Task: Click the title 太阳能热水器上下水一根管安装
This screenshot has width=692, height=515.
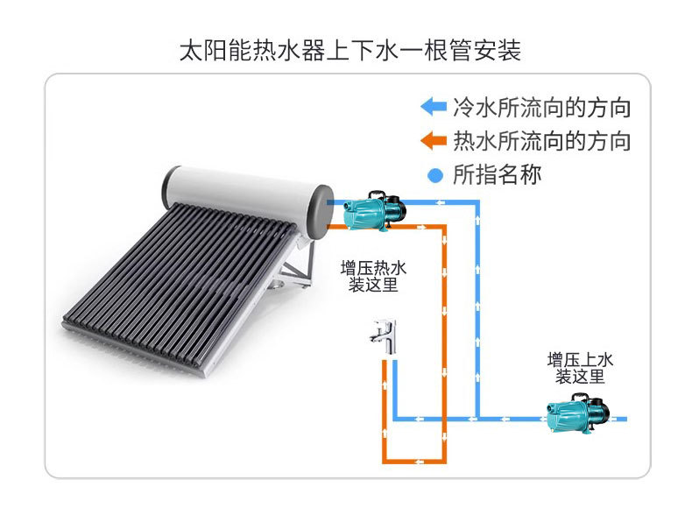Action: click(x=350, y=49)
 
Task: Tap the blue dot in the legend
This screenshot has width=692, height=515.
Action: click(x=434, y=175)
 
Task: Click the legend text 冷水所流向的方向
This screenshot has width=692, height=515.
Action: click(x=541, y=108)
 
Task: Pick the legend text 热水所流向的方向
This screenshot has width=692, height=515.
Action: click(x=541, y=141)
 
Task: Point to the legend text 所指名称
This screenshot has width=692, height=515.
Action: click(x=497, y=174)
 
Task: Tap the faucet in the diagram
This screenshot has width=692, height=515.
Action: click(x=385, y=336)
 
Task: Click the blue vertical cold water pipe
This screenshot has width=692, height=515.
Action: click(x=477, y=307)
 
